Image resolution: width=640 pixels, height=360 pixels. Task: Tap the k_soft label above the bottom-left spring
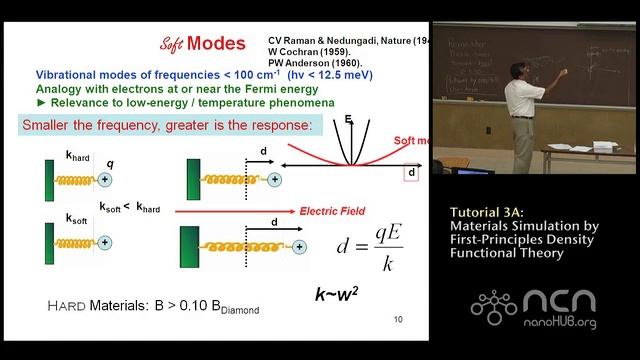78,218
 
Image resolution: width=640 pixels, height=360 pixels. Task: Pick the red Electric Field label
330,212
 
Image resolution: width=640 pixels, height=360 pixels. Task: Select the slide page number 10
398,320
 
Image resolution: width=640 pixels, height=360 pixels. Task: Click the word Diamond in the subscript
236,311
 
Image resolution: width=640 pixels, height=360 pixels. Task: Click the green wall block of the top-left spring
48,179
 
